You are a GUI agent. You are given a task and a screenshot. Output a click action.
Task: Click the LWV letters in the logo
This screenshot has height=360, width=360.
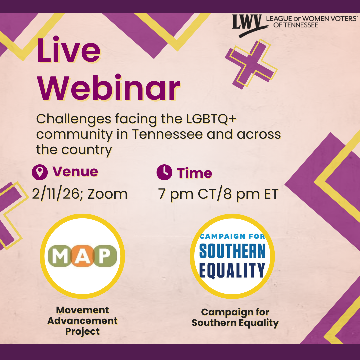(x=247, y=22)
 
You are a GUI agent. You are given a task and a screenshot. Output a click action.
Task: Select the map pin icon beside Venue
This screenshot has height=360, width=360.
(x=40, y=172)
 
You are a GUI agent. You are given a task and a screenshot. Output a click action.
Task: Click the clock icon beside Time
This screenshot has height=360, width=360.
(x=164, y=172)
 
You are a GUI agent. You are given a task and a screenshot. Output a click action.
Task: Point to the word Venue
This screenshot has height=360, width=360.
(x=75, y=172)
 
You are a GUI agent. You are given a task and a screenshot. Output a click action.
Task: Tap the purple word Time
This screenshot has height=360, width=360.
(x=194, y=173)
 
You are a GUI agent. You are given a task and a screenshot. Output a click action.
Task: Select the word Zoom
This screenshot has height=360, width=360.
(x=107, y=194)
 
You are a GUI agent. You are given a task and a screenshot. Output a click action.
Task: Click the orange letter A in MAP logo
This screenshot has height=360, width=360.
(x=82, y=256)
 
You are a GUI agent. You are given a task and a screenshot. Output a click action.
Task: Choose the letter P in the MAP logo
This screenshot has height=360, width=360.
(x=105, y=256)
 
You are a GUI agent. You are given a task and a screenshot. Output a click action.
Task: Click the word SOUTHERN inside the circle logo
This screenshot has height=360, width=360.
(x=232, y=251)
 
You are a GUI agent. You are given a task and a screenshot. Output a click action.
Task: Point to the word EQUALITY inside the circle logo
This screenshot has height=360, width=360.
(x=232, y=270)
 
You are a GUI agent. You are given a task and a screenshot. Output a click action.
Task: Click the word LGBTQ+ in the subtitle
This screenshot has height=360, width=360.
(x=211, y=119)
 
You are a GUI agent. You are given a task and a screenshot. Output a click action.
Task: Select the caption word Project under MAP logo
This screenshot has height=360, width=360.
(x=82, y=332)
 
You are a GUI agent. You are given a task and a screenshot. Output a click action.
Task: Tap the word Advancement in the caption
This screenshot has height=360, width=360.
(x=82, y=321)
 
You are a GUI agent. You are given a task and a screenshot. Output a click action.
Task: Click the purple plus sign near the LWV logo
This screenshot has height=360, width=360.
(x=251, y=64)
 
